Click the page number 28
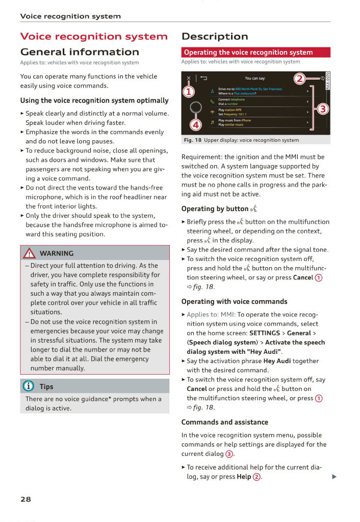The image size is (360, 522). pos(25,499)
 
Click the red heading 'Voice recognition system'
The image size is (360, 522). pos(93,37)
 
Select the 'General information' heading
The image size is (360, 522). pos(80,52)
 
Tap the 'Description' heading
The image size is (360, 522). pos(215,37)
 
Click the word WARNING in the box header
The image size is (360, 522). pos(56,253)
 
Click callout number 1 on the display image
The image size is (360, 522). pos(189,92)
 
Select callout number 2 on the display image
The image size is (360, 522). pos(300,79)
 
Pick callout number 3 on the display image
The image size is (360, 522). pos(323,109)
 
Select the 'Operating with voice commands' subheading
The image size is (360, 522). pos(234,301)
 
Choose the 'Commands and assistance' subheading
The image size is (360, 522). pos(224,422)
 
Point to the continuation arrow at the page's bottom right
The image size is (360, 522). pos(334,477)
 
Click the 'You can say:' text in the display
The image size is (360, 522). pos(255,79)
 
